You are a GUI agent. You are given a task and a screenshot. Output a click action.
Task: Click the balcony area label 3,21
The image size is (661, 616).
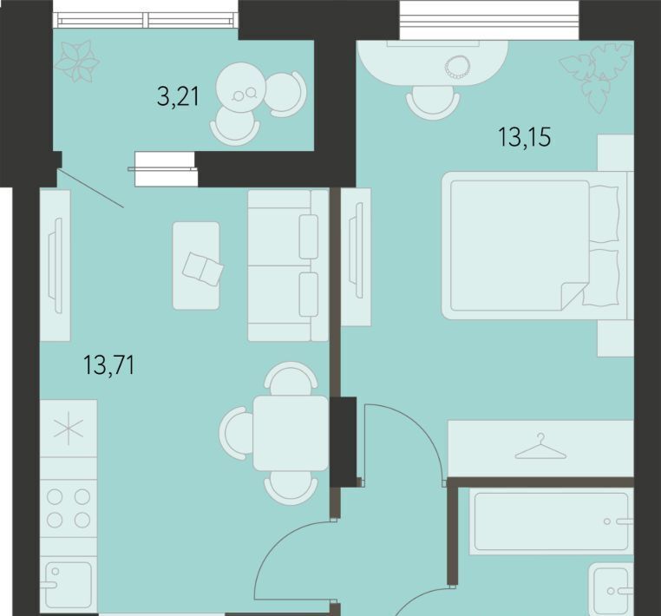tap(178, 97)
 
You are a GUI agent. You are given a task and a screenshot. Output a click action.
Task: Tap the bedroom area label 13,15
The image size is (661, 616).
tap(525, 137)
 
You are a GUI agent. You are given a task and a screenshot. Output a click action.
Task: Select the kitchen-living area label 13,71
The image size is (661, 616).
tap(109, 364)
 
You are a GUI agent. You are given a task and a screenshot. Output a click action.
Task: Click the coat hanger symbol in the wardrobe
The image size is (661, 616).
tap(540, 446)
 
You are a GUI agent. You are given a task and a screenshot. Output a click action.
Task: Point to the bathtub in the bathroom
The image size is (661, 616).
tap(551, 521)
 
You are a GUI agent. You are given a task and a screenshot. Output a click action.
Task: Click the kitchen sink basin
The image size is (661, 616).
tap(68, 584)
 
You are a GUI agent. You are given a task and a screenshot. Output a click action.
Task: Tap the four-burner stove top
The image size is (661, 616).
tap(69, 508)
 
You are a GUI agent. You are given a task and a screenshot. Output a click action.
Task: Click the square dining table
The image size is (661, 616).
tap(291, 433)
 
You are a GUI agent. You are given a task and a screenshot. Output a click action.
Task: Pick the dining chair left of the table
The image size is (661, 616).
tap(236, 433)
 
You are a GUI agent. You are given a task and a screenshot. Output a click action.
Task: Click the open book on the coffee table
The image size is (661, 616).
tap(203, 269)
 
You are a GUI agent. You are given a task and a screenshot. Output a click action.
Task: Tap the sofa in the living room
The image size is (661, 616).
tap(288, 265)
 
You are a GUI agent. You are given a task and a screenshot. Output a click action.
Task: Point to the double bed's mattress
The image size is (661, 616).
tap(520, 246)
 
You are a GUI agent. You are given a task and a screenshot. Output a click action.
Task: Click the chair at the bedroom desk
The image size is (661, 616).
tap(433, 102)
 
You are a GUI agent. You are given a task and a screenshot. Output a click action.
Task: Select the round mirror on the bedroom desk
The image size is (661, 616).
tap(457, 67)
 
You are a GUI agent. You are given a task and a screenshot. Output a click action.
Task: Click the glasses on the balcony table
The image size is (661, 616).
tap(245, 94)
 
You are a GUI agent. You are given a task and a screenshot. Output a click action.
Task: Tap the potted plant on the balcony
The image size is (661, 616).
tap(77, 61)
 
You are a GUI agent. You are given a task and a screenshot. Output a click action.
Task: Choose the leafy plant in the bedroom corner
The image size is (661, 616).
tap(596, 78)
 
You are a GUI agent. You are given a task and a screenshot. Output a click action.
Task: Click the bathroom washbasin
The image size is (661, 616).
tap(612, 589)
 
